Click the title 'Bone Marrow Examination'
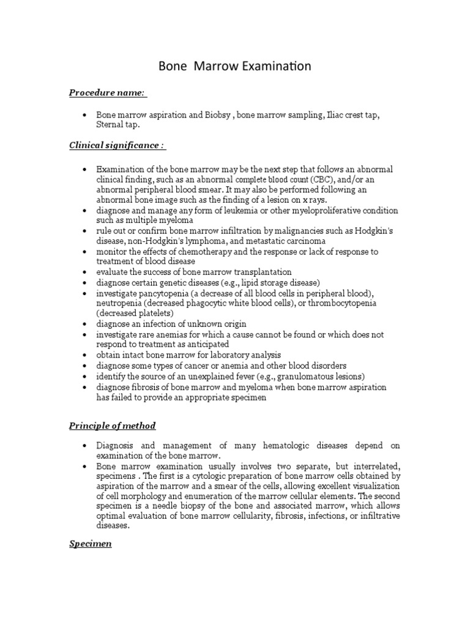tap(235, 66)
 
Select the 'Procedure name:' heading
tap(107, 92)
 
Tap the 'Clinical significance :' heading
tap(116, 145)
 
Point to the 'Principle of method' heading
tap(112, 426)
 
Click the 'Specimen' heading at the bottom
tap(90, 544)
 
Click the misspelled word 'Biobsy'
tap(218, 115)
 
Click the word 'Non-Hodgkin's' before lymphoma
tap(148, 241)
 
